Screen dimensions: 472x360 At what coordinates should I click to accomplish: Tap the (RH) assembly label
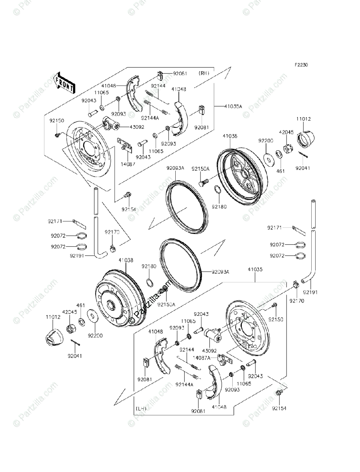coord(204,73)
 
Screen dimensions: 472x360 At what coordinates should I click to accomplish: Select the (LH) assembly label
coord(141,409)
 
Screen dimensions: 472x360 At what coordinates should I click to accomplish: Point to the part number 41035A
coord(233,106)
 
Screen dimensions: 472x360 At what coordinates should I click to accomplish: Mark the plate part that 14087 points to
coord(124,144)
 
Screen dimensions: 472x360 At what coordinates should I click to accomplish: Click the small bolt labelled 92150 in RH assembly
coord(57,135)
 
